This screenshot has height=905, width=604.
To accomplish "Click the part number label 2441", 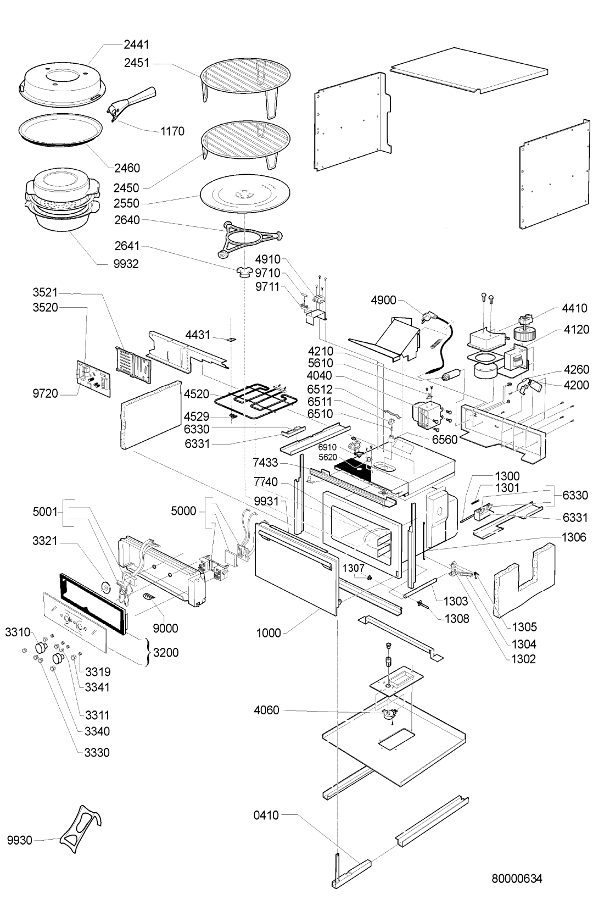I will (136, 45).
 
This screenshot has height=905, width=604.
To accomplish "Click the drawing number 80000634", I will (517, 879).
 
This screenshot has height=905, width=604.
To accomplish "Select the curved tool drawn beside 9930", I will (81, 830).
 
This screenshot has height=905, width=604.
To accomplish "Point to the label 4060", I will (266, 710).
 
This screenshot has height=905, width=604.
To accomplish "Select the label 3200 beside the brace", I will (166, 653).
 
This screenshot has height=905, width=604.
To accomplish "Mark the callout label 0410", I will (266, 815).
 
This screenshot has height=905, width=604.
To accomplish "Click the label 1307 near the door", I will (354, 568).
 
